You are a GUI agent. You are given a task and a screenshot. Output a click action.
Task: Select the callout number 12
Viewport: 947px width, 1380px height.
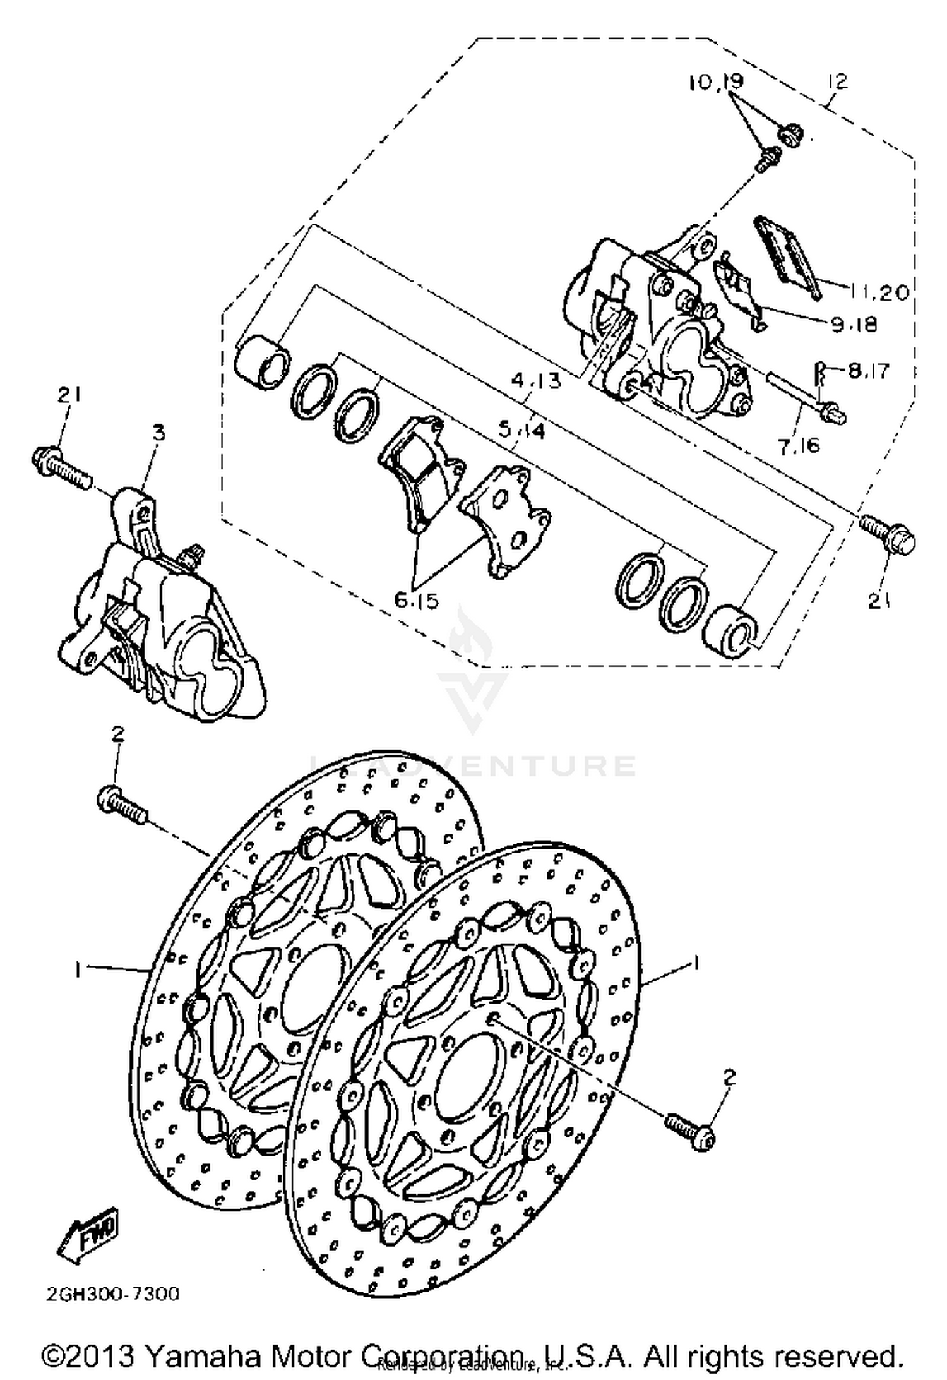pyautogui.click(x=839, y=81)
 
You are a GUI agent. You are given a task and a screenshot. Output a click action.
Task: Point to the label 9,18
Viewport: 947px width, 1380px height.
pyautogui.click(x=854, y=325)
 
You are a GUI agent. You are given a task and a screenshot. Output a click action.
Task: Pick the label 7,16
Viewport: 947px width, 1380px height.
pyautogui.click(x=798, y=446)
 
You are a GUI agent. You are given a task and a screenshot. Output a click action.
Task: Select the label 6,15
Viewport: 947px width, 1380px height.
pyautogui.click(x=416, y=601)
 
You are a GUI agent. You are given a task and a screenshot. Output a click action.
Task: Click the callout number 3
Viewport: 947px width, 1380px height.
pyautogui.click(x=158, y=433)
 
